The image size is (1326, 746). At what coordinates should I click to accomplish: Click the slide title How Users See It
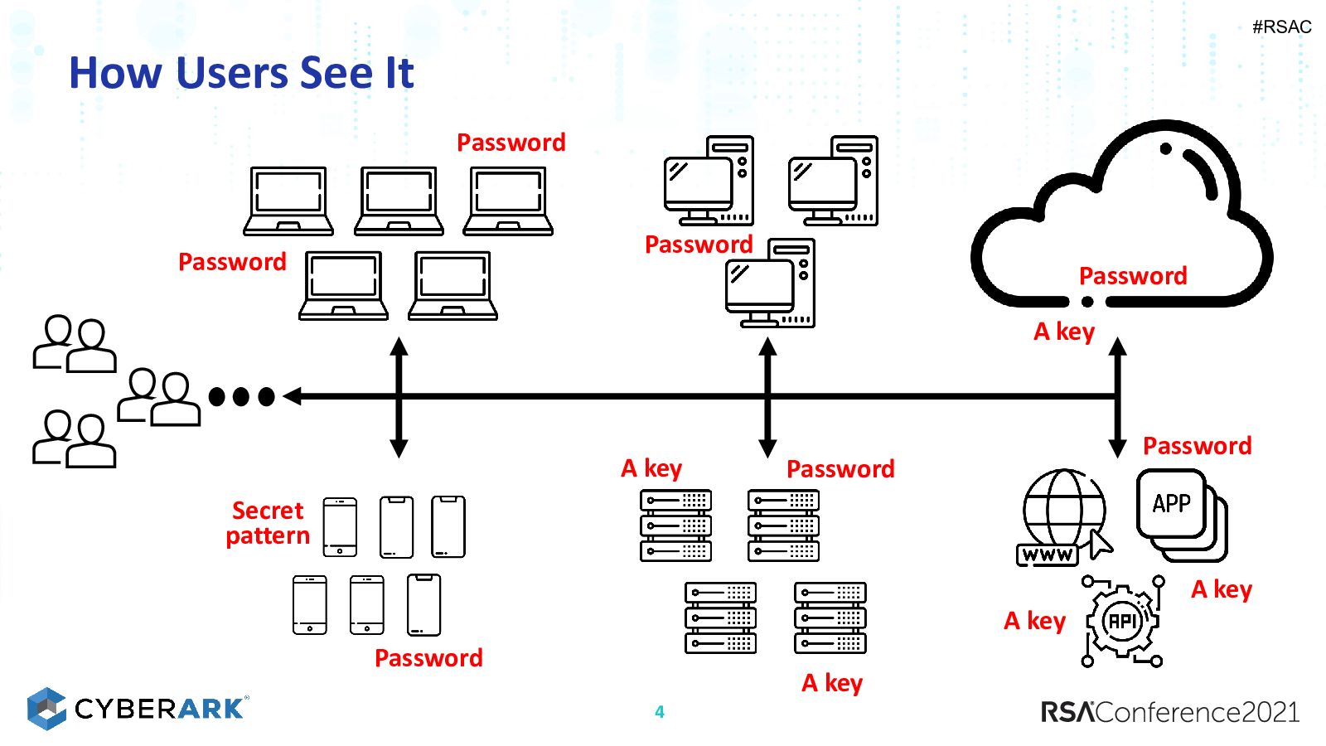coord(241,73)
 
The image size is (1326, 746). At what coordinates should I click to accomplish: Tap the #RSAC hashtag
coord(1281,27)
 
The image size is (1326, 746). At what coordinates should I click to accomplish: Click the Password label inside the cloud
coord(1133,276)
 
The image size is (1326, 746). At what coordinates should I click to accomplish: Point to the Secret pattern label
coord(268,523)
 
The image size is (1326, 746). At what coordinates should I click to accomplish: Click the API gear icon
coord(1122,621)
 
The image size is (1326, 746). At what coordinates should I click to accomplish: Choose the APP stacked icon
coord(1182,515)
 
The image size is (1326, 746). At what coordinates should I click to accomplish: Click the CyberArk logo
coord(138,708)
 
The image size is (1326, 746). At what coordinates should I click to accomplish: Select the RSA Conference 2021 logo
coord(1170,712)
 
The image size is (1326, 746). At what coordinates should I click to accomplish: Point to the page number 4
coord(660,712)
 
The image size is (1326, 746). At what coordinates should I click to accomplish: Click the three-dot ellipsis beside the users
coord(241,396)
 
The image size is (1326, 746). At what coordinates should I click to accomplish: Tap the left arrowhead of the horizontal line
coord(293,396)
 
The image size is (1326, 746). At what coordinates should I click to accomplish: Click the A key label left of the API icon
coord(1034,622)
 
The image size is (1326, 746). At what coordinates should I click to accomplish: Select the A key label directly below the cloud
coord(1064,332)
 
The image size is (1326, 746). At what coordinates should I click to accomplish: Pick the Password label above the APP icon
coord(1197,446)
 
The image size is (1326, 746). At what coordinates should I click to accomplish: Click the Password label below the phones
coord(428,658)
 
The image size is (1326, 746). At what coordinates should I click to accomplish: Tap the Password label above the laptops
coord(511,143)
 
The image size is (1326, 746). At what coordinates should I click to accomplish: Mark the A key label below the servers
coord(832,684)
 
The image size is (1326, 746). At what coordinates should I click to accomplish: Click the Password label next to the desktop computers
coord(699,245)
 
